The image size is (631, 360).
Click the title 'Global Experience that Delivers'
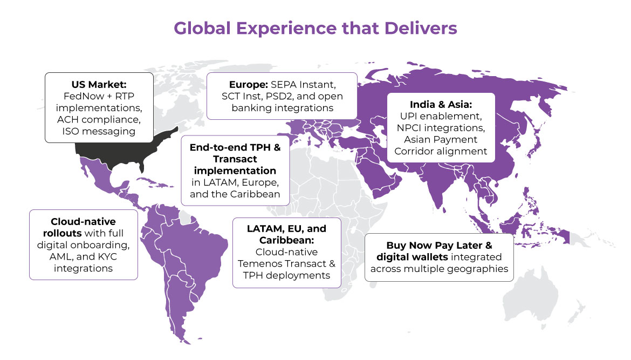point(315,29)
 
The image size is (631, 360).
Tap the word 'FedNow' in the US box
point(79,96)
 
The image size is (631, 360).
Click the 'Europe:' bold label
point(248,84)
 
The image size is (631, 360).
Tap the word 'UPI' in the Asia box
point(409,116)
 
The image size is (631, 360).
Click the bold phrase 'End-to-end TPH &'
point(235,147)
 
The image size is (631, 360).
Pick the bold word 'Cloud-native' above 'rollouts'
point(83,221)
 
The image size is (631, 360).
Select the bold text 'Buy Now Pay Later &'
point(440,245)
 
